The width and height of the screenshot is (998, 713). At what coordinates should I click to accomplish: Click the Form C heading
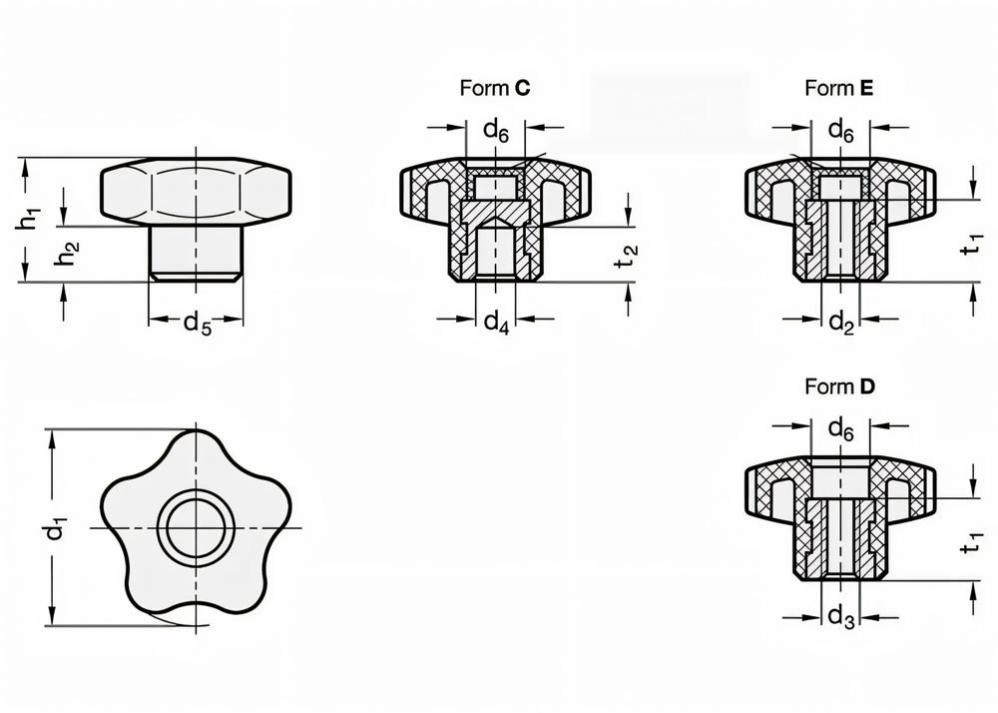pyautogui.click(x=494, y=88)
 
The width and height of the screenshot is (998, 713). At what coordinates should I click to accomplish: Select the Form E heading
pyautogui.click(x=839, y=88)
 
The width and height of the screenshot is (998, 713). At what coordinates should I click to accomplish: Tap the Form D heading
pyautogui.click(x=840, y=386)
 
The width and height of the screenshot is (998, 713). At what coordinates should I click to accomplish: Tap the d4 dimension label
pyautogui.click(x=497, y=322)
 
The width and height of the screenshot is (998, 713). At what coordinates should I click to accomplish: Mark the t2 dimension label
pyautogui.click(x=624, y=257)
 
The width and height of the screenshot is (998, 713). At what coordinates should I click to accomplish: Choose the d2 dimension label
pyautogui.click(x=840, y=322)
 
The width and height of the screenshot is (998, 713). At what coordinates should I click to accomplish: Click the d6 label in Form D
pyautogui.click(x=840, y=429)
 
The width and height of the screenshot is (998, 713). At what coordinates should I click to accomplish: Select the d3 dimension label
pyautogui.click(x=840, y=619)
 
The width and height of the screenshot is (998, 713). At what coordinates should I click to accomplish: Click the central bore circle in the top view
pyautogui.click(x=195, y=527)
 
